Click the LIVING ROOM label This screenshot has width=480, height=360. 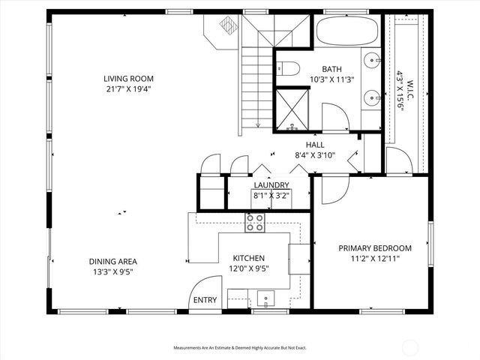coord(129,76)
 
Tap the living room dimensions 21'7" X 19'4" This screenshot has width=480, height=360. coord(129,88)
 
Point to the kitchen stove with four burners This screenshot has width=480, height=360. coord(255,222)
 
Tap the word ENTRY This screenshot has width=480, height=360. coord(205,300)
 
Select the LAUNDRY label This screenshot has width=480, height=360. coord(271,185)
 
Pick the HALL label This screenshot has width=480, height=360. coord(314,145)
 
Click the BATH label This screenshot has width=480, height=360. coord(331,67)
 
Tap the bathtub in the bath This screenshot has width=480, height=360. coord(347,31)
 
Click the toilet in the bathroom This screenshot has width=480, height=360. coord(290,67)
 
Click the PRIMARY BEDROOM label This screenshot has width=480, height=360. coord(374,248)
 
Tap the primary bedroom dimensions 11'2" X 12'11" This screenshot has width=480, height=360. coord(374,259)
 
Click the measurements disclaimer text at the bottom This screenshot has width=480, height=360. coord(240,348)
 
